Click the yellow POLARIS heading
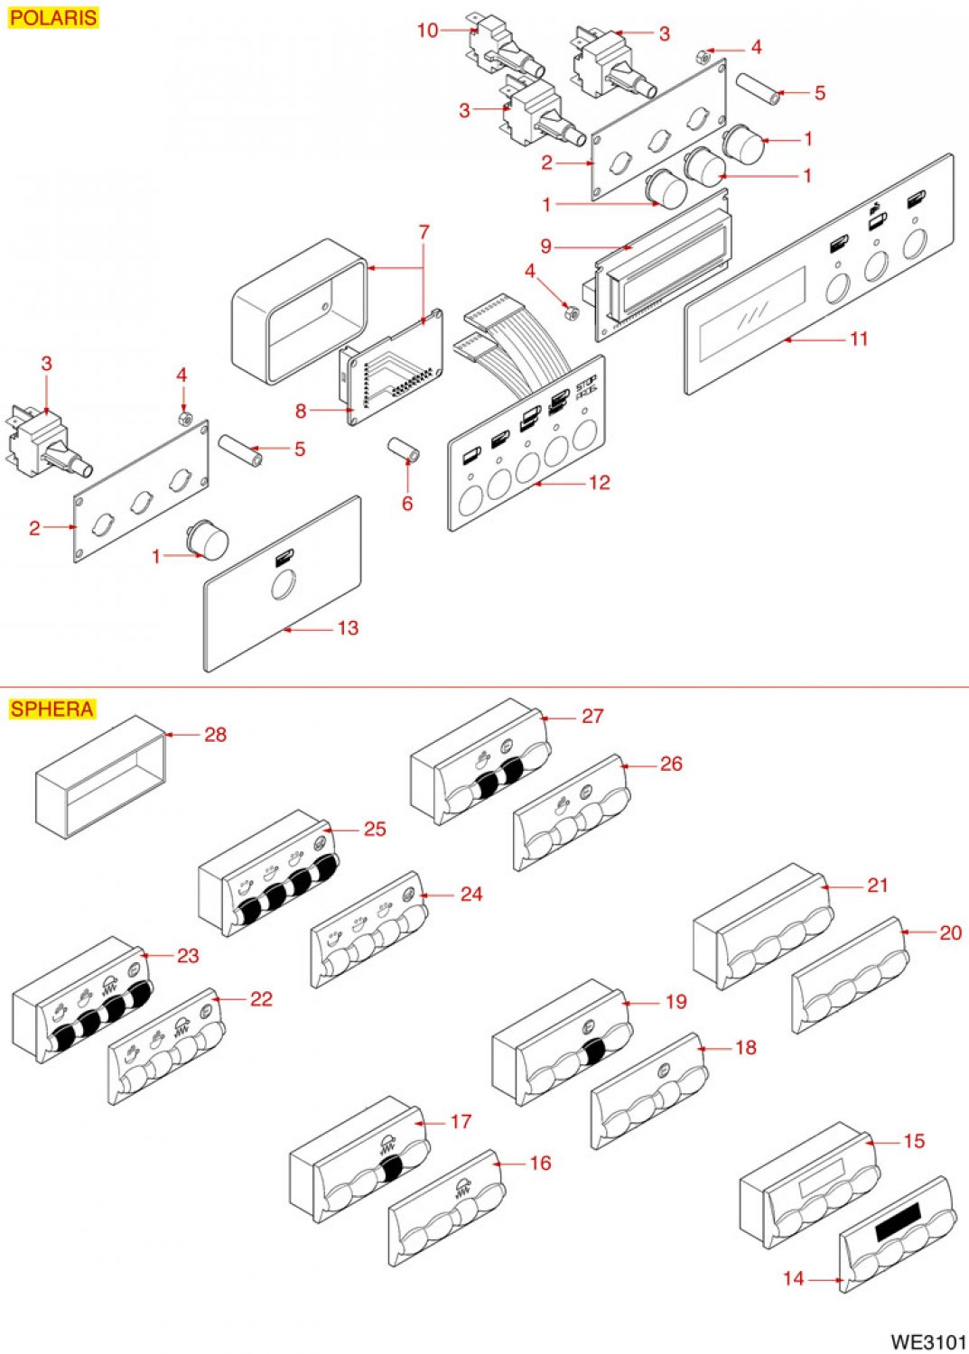(x=53, y=17)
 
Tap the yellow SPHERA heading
(x=52, y=709)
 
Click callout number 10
(x=428, y=30)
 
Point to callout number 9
(x=545, y=246)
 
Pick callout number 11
(x=859, y=338)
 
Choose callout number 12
(x=600, y=482)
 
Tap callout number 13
(x=348, y=628)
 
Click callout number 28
(x=215, y=735)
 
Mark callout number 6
(x=407, y=503)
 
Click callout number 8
(x=301, y=411)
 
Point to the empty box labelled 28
(x=100, y=777)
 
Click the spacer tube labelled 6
(x=404, y=450)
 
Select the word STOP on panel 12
(x=586, y=385)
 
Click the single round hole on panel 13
(x=283, y=585)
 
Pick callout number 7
(x=424, y=232)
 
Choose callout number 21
(x=877, y=886)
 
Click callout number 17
(x=461, y=1121)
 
